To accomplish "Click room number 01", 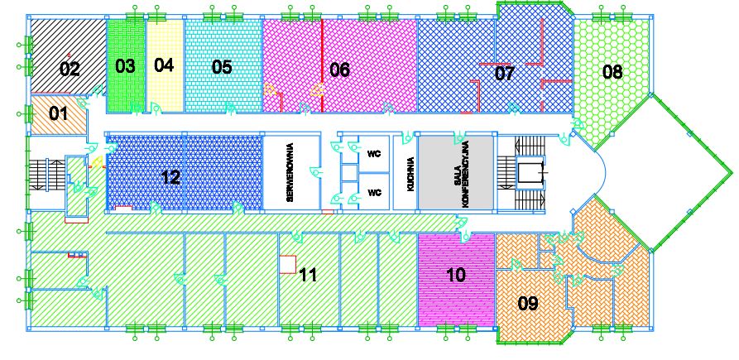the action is pos(59,113).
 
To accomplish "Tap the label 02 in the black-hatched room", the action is pos(70,70).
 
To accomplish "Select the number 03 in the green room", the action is pos(125,66).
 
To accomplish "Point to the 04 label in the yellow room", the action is pos(164,65).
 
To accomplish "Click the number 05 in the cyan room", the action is pos(222,67).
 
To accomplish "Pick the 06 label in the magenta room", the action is pos(340,70).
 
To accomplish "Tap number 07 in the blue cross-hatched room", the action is pos(504,74).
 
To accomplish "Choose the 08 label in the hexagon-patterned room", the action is pos(612,72).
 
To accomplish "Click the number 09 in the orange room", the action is pos(528,304).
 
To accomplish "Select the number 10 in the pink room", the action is pos(455,274).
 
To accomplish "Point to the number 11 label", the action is pos(308,275).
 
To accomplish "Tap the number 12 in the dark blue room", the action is pos(170,178).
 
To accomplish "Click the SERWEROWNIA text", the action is pos(290,172).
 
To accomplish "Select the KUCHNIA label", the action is pos(410,174).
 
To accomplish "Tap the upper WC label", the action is pos(374,154).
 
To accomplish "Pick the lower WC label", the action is pos(374,192).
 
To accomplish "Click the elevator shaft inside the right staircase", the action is pos(530,172).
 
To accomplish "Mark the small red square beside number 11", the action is pos(287,264).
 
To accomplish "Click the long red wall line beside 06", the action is pos(322,65).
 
